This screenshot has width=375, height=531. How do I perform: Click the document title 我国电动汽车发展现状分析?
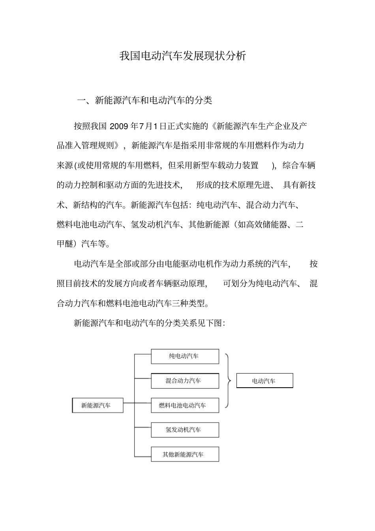click(183, 56)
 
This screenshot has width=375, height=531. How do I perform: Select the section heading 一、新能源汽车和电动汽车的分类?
click(144, 101)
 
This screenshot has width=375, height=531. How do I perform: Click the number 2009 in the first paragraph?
click(119, 126)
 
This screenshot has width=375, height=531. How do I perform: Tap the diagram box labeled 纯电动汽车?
click(185, 356)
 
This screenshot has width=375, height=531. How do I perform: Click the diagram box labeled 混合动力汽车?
click(185, 381)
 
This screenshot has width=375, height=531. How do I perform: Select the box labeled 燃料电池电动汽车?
click(185, 405)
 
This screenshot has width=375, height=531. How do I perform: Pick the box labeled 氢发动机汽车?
click(185, 430)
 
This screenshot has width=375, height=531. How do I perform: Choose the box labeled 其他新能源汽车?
click(185, 454)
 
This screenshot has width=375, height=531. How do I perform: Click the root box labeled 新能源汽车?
click(97, 405)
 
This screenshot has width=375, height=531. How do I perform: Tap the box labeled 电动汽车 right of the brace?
click(264, 381)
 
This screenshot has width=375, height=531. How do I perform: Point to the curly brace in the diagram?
click(228, 381)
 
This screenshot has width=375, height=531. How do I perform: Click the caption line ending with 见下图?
click(150, 323)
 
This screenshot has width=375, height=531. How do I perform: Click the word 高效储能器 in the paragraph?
click(268, 225)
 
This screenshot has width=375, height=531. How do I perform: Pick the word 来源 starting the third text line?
click(65, 165)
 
